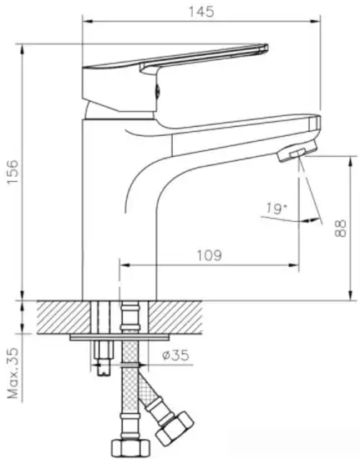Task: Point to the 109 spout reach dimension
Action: tap(210, 255)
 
